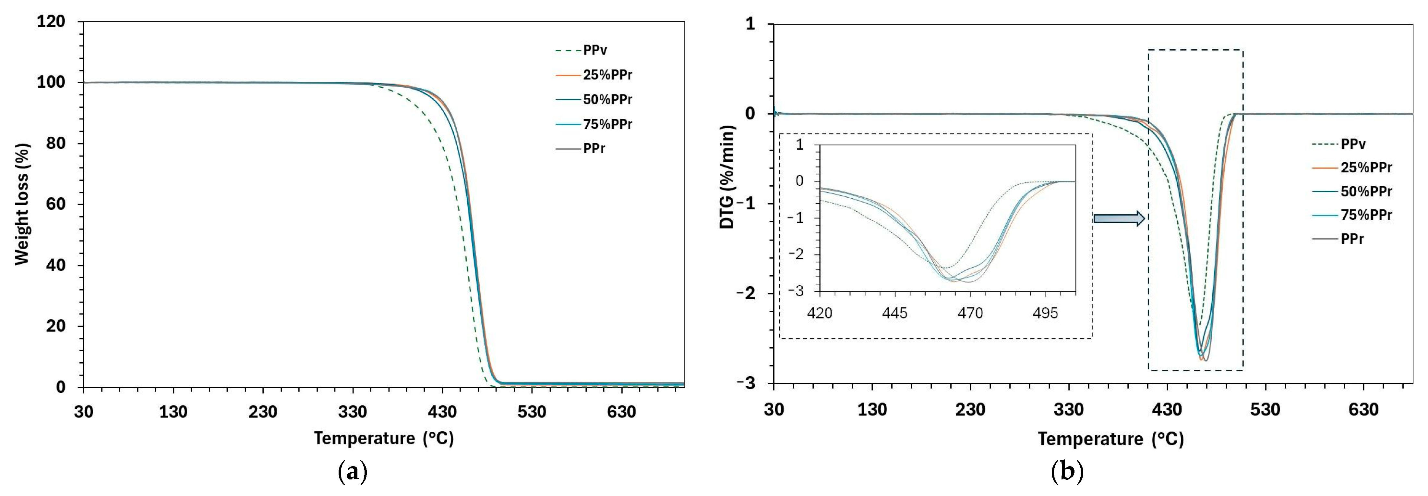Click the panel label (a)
click(x=352, y=472)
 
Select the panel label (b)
click(x=1067, y=472)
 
